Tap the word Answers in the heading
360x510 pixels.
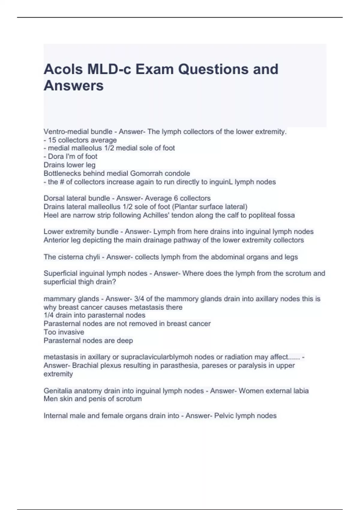click(x=73, y=86)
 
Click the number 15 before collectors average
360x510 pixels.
click(x=52, y=140)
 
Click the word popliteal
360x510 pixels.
click(x=255, y=215)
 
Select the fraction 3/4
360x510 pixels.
click(x=139, y=299)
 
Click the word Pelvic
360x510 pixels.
click(x=224, y=416)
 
